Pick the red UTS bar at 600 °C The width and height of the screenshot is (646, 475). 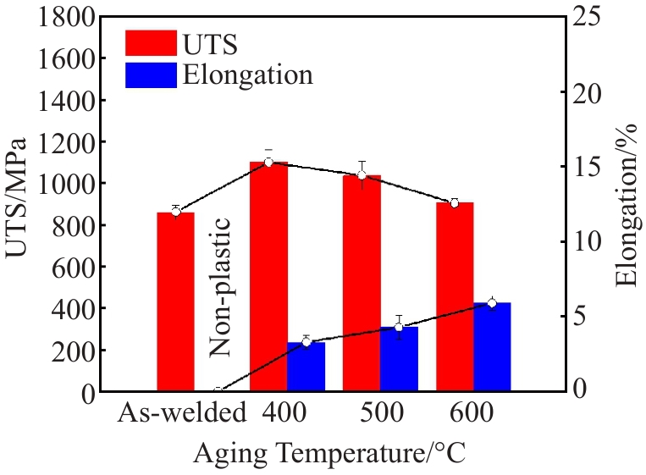pyautogui.click(x=455, y=296)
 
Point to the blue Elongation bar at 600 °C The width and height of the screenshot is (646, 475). pyautogui.click(x=492, y=346)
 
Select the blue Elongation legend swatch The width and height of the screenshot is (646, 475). pyautogui.click(x=151, y=75)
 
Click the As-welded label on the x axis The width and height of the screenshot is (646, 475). pyautogui.click(x=182, y=414)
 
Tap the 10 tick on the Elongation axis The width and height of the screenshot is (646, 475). pyautogui.click(x=590, y=241)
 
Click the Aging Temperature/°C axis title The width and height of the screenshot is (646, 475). pyautogui.click(x=330, y=453)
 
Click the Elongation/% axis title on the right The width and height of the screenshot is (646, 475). pyautogui.click(x=627, y=203)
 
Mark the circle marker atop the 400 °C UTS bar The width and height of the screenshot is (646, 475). pyautogui.click(x=268, y=162)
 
